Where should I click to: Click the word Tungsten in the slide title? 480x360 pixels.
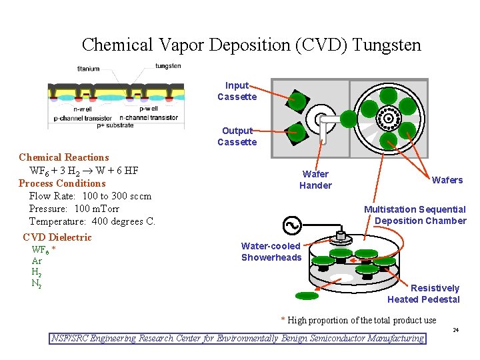point(387,45)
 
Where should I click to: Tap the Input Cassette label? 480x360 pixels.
point(237,91)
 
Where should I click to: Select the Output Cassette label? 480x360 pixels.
point(237,136)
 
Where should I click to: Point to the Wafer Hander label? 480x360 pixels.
point(315,180)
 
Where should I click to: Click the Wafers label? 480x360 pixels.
point(447,180)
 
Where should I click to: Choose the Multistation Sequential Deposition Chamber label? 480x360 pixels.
point(415,215)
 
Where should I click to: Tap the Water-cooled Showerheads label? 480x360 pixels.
point(271,252)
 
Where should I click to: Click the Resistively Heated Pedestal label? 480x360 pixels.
point(423,293)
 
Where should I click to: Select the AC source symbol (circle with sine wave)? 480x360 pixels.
point(291,227)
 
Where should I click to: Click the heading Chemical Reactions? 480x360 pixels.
point(64,157)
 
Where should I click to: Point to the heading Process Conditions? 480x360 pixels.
point(62,183)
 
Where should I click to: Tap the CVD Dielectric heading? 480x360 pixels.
point(57,237)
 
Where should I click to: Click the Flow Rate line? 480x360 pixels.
point(90,196)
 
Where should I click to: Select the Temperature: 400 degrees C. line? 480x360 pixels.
point(92,221)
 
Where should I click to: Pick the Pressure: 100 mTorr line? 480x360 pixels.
point(74,209)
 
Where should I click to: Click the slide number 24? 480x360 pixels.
point(456,330)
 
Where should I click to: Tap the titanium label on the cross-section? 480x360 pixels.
point(88,69)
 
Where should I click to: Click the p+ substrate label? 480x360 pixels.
point(115,125)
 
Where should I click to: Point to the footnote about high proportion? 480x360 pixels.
point(359,320)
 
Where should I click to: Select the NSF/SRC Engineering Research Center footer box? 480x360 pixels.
point(238,338)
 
